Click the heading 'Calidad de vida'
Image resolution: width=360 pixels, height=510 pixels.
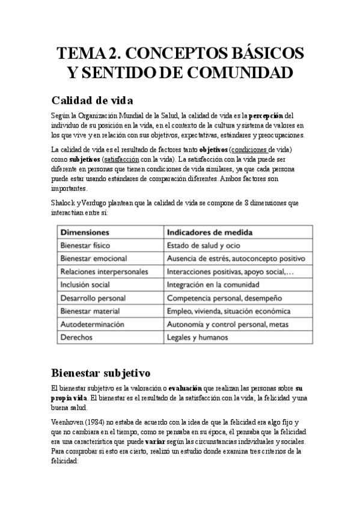[92, 99]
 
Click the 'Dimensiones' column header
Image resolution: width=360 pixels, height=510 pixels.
[85, 232]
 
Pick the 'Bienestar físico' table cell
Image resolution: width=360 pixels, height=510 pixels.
[87, 245]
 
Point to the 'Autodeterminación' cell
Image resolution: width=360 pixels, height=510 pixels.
[92, 324]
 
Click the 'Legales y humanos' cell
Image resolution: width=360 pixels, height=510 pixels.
[198, 337]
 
